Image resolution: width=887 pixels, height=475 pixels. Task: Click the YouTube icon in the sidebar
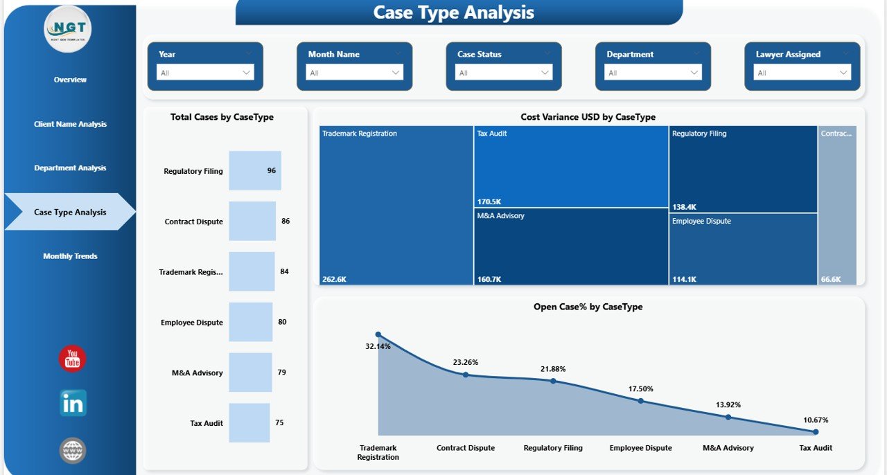[72, 359]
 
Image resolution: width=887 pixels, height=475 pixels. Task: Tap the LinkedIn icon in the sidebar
[73, 403]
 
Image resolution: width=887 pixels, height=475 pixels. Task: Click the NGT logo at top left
[68, 28]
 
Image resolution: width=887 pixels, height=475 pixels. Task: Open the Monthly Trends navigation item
[70, 256]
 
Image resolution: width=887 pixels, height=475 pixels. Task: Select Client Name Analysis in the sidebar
[70, 125]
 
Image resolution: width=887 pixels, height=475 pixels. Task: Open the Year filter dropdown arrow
[246, 73]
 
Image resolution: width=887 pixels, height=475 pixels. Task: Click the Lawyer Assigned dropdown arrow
[843, 73]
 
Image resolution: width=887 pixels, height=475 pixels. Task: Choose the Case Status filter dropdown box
[504, 73]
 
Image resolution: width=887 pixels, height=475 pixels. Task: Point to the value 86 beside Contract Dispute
[286, 222]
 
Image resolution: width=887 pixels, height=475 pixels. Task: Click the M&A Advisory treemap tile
[571, 247]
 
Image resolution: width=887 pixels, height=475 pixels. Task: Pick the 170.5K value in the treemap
[489, 202]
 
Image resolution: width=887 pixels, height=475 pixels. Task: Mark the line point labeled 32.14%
[378, 334]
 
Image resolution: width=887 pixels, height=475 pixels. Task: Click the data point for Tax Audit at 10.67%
[816, 432]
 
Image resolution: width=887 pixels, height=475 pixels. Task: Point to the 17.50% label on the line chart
[640, 389]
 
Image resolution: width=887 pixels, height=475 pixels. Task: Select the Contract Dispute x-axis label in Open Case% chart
[466, 448]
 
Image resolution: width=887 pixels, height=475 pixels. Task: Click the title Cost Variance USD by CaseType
[588, 118]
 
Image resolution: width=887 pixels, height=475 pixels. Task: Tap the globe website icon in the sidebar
[73, 451]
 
